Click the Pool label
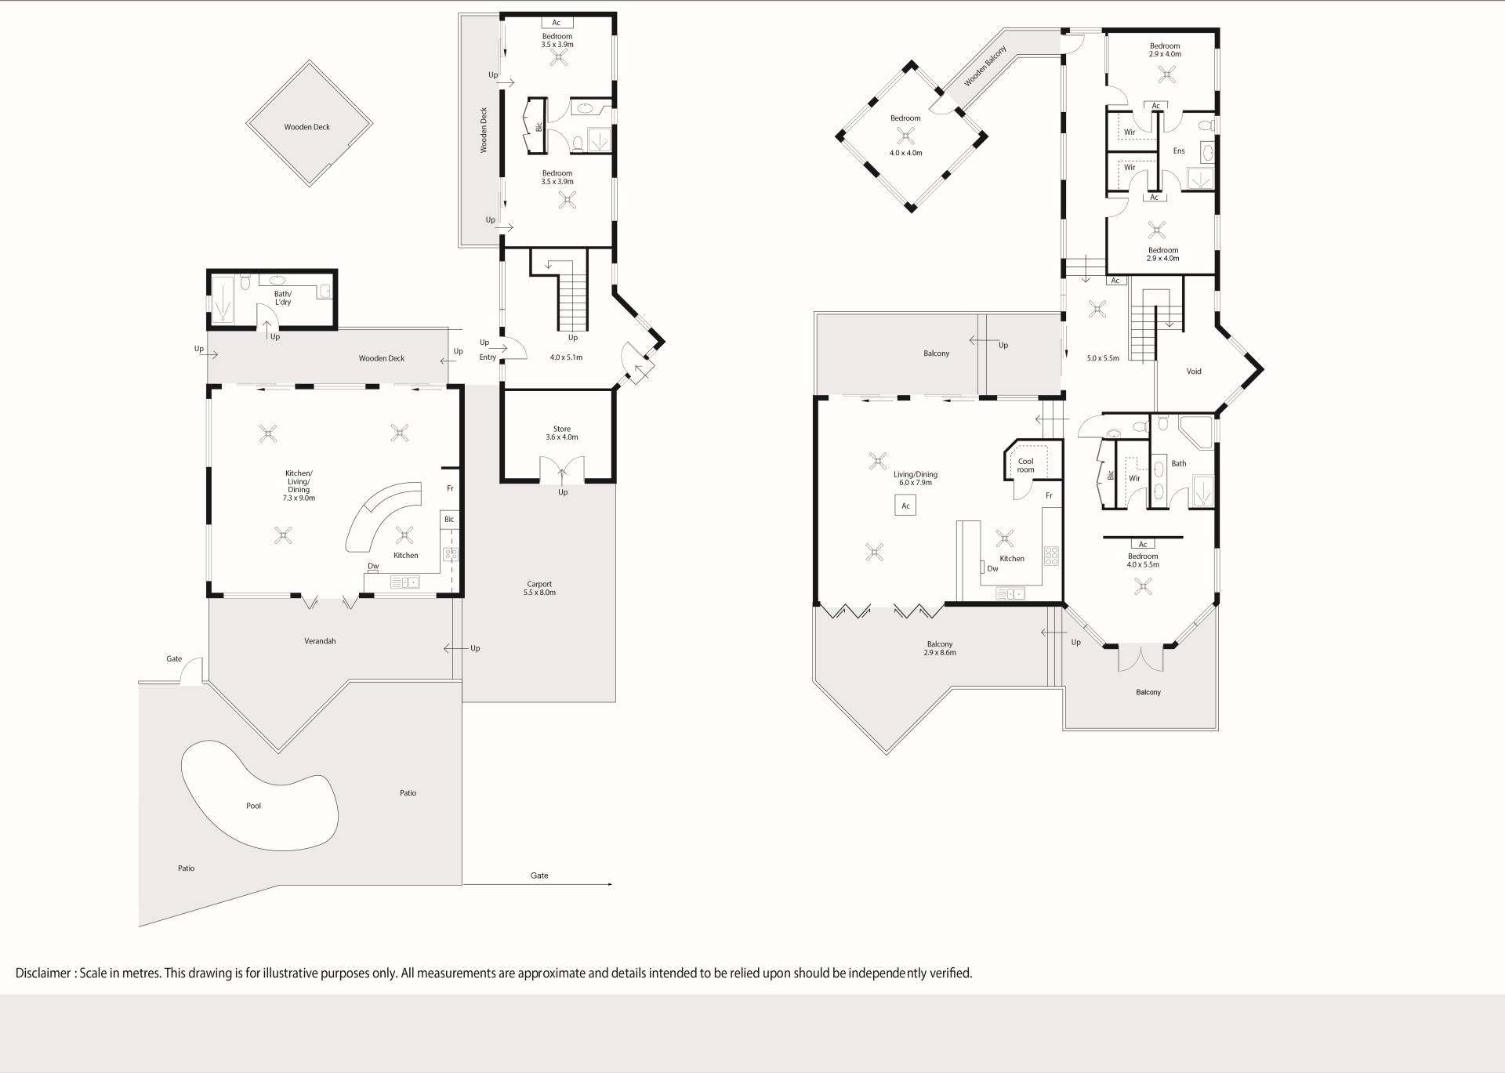253,806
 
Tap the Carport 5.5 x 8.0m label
539,588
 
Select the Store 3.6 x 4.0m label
562,433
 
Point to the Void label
1194,372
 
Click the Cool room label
1025,466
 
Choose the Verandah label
320,641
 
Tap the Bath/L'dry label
283,298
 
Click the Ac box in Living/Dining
905,506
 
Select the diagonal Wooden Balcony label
985,66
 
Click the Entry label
488,357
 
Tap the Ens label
1179,150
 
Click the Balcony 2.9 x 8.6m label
940,648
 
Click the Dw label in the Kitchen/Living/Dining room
373,566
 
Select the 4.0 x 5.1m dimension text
566,357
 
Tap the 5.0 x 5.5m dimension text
1103,358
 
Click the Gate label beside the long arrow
539,875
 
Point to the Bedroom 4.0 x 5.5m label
1143,560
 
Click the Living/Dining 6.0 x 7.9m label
916,478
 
